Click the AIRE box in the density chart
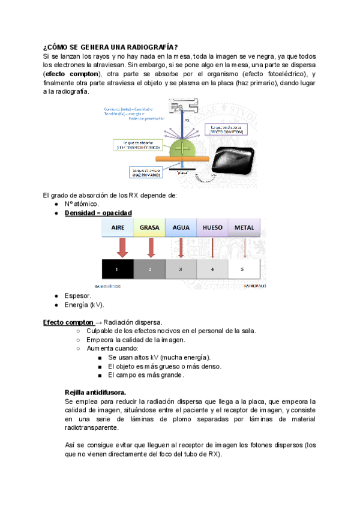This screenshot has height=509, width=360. pos(118,228)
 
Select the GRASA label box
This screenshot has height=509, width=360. pos(149,228)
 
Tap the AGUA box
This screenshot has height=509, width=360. pos(181,228)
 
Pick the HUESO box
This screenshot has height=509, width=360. pos(212,228)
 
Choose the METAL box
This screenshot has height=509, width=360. pos(244,228)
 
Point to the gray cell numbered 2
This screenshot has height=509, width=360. pos(149,270)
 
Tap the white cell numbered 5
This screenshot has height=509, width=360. pos(243,270)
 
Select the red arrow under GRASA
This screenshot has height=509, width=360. pos(151,247)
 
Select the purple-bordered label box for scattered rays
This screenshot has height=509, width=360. pos(226,129)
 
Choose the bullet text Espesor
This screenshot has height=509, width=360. pos(78,296)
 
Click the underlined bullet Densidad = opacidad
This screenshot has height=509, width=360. pos(98,213)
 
